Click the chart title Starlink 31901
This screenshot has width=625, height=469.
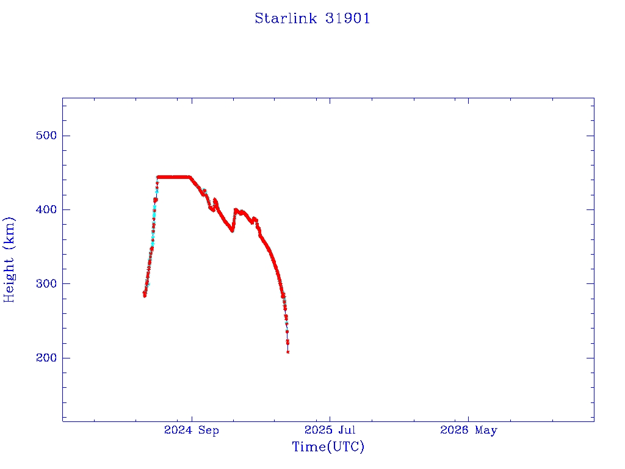pyautogui.click(x=312, y=18)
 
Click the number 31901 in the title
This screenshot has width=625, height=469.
pyautogui.click(x=347, y=18)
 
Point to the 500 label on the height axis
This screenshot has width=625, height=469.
pyautogui.click(x=46, y=136)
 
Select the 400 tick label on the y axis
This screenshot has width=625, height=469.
pyautogui.click(x=46, y=210)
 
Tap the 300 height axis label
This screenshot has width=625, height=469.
pyautogui.click(x=46, y=283)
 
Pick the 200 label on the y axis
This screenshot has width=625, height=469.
pyautogui.click(x=46, y=358)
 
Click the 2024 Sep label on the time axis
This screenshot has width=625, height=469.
pyautogui.click(x=191, y=431)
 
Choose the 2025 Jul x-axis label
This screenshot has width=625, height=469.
pyautogui.click(x=330, y=430)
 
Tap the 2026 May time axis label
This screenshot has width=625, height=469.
pyautogui.click(x=468, y=431)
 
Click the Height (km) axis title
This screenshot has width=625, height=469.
pyautogui.click(x=9, y=260)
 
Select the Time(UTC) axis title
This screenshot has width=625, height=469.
pyautogui.click(x=328, y=446)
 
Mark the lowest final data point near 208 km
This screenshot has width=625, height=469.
pyautogui.click(x=288, y=352)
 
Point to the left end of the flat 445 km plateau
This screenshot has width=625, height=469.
pyautogui.click(x=158, y=177)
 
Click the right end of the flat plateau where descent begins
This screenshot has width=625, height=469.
pyautogui.click(x=190, y=177)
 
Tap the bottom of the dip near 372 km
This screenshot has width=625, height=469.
pyautogui.click(x=232, y=230)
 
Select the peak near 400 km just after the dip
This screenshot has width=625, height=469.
pyautogui.click(x=236, y=209)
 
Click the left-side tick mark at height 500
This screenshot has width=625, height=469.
pyautogui.click(x=66, y=136)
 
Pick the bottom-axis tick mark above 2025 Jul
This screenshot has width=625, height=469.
pyautogui.click(x=330, y=418)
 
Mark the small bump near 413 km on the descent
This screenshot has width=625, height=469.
pyautogui.click(x=215, y=200)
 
